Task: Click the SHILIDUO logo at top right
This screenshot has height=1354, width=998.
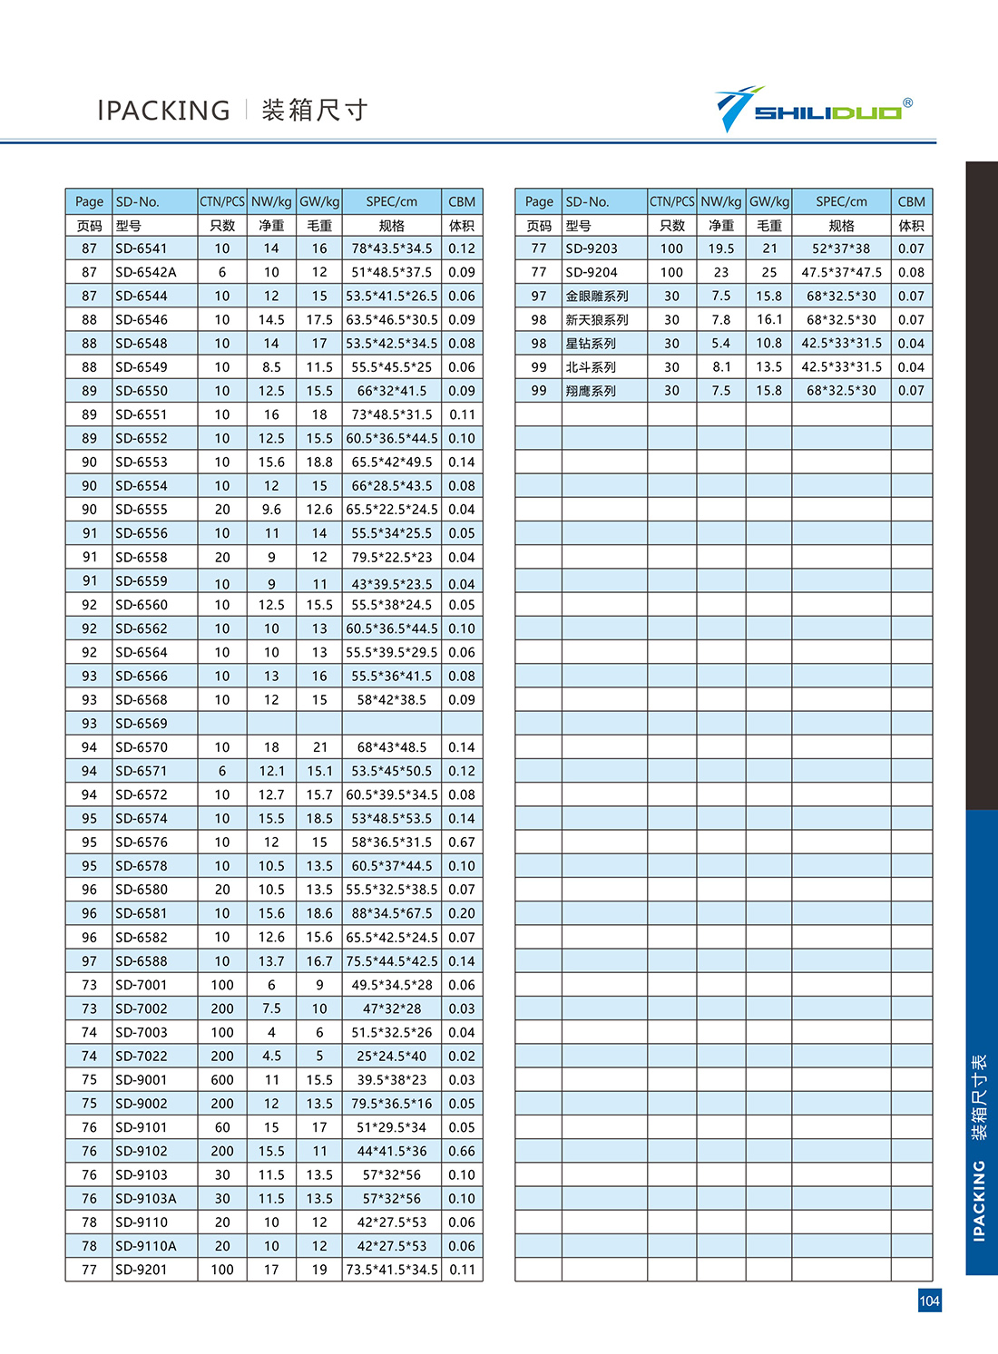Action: [x=813, y=111]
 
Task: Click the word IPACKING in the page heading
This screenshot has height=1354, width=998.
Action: [x=163, y=111]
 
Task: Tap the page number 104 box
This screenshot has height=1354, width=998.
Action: [x=929, y=1300]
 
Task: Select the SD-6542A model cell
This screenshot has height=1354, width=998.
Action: [x=146, y=272]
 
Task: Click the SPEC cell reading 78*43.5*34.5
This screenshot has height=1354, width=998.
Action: [x=392, y=248]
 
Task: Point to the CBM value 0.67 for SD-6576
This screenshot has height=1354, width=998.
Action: [x=462, y=843]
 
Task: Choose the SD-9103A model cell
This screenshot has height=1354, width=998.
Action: [x=146, y=1198]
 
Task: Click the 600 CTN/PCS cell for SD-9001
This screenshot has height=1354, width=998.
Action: [x=222, y=1080]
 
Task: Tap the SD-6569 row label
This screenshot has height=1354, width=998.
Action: [x=142, y=724]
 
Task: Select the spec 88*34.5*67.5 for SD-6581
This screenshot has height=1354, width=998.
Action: [x=392, y=913]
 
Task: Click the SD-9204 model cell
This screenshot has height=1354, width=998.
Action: [x=592, y=272]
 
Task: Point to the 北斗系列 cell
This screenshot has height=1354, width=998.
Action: [x=591, y=367]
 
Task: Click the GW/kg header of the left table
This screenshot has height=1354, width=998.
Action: [x=319, y=201]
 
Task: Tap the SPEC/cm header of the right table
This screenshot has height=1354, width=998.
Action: [x=841, y=201]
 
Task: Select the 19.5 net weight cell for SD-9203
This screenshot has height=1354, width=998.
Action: [x=721, y=248]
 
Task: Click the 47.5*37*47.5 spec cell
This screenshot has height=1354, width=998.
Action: [x=841, y=272]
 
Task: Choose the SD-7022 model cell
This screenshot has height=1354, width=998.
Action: [x=142, y=1056]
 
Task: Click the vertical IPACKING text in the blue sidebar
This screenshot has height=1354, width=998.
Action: [x=979, y=1201]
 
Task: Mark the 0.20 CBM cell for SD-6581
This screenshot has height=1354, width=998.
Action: [x=462, y=913]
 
